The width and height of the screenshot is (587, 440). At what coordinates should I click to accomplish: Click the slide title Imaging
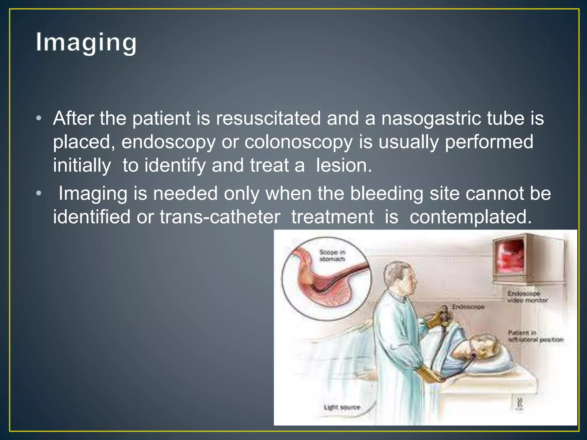pos(86,42)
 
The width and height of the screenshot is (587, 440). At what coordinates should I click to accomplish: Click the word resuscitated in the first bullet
pos(268,118)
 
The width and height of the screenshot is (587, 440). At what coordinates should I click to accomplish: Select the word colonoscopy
pos(298,142)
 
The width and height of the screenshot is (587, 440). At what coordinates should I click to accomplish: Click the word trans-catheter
pos(220,217)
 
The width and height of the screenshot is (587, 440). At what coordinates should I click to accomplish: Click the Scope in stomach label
pos(332,256)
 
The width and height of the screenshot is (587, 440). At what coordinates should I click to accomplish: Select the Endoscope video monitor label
pos(527,297)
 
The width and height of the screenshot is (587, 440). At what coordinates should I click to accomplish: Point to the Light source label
pos(342,407)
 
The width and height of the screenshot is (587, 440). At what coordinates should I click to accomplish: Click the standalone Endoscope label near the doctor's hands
pos(468,307)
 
